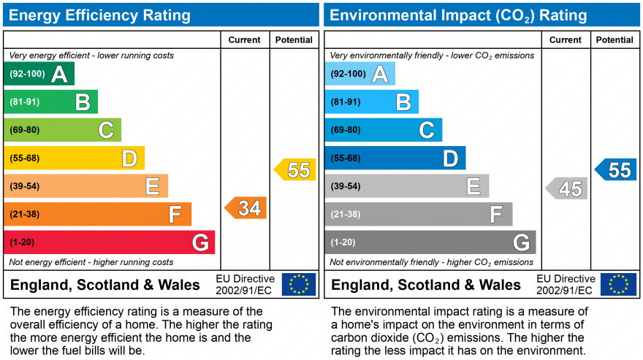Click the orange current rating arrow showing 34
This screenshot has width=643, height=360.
point(246,208)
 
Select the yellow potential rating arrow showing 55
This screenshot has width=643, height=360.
point(295,170)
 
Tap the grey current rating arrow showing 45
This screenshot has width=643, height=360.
point(567,189)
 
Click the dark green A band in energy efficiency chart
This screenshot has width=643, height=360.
point(39,74)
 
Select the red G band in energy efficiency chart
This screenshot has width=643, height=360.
point(110,242)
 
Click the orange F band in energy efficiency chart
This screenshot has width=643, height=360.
point(98,214)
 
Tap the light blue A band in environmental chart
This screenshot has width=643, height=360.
point(360,74)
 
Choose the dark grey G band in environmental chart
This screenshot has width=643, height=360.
point(430,242)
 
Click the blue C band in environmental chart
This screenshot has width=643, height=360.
point(384,130)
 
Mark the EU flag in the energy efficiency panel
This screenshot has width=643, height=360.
point(299,284)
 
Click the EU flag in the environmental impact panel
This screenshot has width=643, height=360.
point(618,284)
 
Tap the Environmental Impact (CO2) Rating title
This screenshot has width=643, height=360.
point(458,15)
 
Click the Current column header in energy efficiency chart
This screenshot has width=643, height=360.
point(245,40)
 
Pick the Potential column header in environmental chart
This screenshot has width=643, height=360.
point(615,40)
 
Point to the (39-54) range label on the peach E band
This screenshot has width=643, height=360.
point(25,186)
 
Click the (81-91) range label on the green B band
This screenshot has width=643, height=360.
point(25,102)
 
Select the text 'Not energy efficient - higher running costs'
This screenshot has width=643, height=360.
point(91,262)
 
